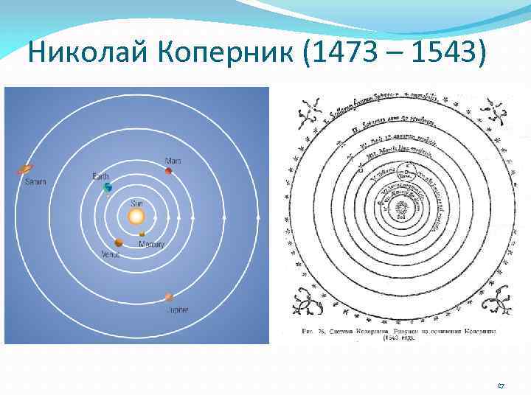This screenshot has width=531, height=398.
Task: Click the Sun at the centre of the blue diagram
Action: [x=136, y=217]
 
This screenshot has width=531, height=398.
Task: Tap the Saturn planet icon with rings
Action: [x=26, y=169]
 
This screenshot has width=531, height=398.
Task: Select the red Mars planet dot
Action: [x=169, y=171]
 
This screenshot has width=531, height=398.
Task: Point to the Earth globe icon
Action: [x=108, y=188]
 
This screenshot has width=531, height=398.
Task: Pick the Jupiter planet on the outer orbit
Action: [x=170, y=298]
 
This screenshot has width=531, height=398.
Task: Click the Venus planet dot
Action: [x=118, y=242]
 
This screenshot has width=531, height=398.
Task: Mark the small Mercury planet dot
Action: [x=142, y=234]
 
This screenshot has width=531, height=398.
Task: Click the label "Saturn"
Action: [x=35, y=181]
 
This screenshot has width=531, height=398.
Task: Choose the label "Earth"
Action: [x=100, y=177]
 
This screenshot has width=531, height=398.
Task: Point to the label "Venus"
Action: [x=111, y=254]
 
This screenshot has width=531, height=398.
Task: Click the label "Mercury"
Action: [x=152, y=244]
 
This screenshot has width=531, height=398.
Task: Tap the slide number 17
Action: [x=501, y=385]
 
